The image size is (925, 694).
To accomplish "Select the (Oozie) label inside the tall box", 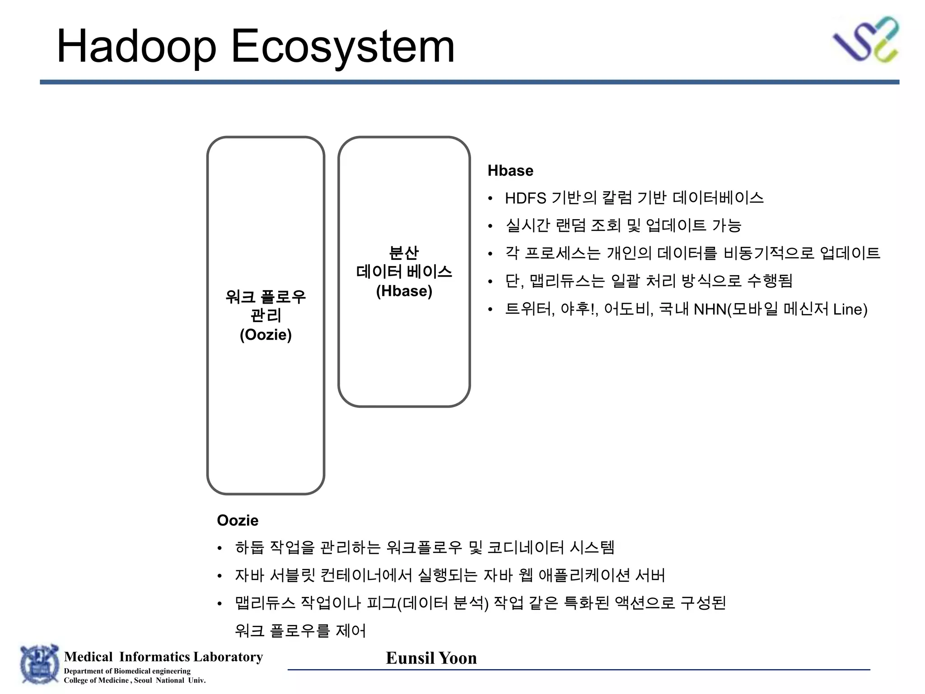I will point(266,335).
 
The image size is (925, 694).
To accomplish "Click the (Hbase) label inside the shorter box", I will point(404,291).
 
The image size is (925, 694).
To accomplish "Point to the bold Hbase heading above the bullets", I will point(510,171).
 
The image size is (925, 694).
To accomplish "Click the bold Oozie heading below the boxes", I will point(238,520).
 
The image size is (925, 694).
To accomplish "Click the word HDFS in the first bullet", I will point(525,198).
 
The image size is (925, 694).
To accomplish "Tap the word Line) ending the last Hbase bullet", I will point(850,309).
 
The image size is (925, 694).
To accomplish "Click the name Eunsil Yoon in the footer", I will point(431,658).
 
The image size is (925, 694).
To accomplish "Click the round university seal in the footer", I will point(39,665).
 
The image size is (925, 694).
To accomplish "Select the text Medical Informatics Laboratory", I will point(163,656).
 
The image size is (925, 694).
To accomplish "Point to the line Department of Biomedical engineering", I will point(127,671).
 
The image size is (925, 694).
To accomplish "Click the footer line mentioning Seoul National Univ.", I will point(135,680).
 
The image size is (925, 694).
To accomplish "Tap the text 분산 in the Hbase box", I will point(404,253).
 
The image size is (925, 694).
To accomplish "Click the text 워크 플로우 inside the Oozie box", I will point(266,297).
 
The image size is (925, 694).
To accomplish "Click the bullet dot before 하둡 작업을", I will point(220,549).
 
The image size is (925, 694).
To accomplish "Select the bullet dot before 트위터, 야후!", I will point(491,310).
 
